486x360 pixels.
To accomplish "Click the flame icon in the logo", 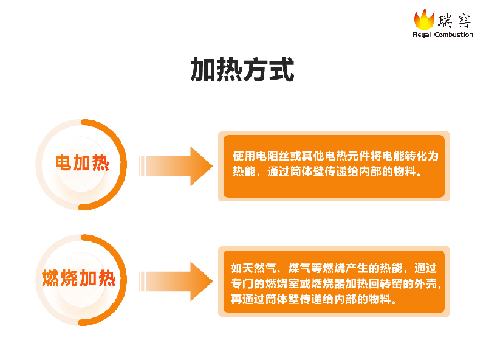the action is pyautogui.click(x=424, y=19).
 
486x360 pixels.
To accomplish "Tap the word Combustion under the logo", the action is pyautogui.click(x=454, y=35).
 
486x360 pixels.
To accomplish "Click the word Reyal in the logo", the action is pyautogui.click(x=422, y=35).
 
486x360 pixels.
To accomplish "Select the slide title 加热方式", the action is pyautogui.click(x=242, y=69).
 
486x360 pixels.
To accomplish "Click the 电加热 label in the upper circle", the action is pyautogui.click(x=83, y=163).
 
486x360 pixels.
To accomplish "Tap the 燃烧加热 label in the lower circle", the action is pyautogui.click(x=79, y=278).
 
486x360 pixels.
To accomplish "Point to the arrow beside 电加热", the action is pyautogui.click(x=176, y=167).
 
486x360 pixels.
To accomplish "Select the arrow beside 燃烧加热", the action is pyautogui.click(x=176, y=282).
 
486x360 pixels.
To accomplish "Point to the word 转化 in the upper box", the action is pyautogui.click(x=416, y=156).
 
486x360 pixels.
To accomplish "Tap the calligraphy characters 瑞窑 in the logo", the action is pyautogui.click(x=454, y=21).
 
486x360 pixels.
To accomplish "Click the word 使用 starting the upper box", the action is pyautogui.click(x=244, y=156).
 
